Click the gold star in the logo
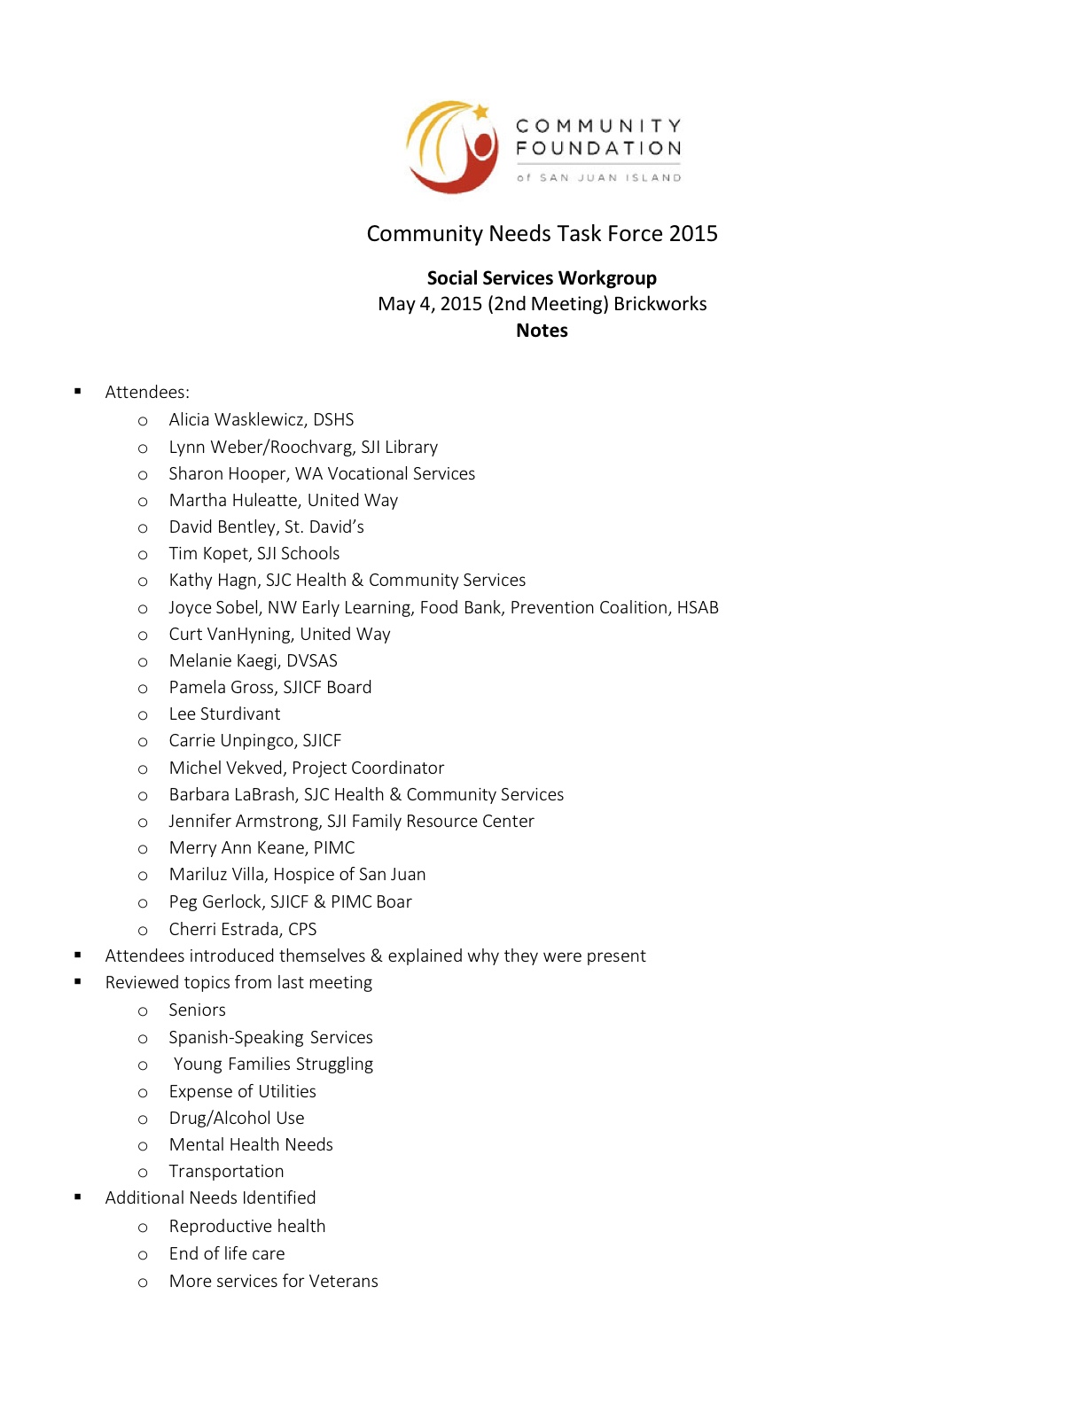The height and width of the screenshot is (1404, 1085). pos(480,113)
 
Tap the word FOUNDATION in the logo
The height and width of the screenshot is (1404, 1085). pos(598,148)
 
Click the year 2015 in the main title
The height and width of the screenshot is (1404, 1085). pos(693,233)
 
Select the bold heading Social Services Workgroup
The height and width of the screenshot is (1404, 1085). pos(542,278)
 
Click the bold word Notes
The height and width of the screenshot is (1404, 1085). pos(542,331)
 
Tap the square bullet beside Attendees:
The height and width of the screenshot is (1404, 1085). pos(78,391)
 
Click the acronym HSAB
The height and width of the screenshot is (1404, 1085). pos(698,607)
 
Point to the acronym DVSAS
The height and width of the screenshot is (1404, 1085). pos(311,660)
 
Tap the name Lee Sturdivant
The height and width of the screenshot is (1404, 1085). pos(224,714)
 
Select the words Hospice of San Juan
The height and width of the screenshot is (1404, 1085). pos(349,874)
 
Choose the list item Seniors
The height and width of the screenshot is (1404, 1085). pos(197,1010)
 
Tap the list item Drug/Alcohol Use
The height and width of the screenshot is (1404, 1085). pos(237,1118)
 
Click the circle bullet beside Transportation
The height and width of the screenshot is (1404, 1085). pos(143,1173)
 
